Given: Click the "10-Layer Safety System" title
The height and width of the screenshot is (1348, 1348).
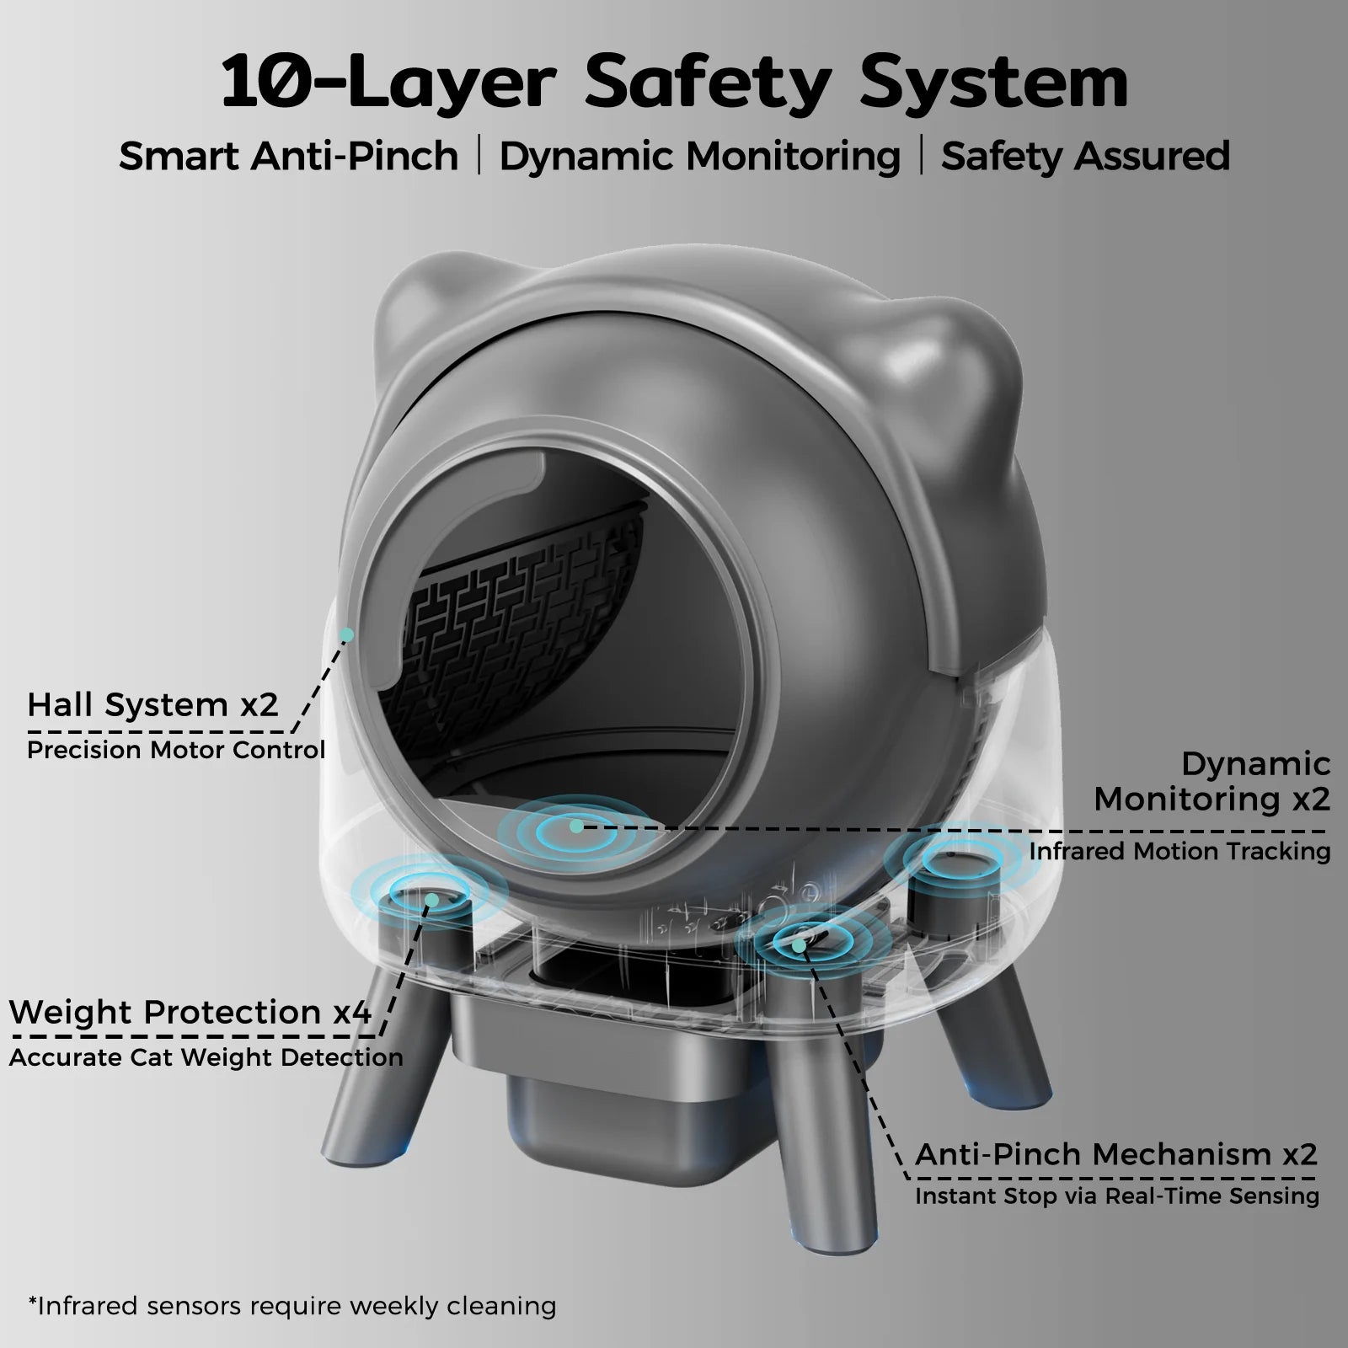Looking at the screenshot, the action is coord(674,82).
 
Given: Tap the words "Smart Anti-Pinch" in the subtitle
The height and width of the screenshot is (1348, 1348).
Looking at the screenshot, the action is coord(288,157).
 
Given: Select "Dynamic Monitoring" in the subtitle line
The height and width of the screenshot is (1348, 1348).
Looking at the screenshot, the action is coord(699,157).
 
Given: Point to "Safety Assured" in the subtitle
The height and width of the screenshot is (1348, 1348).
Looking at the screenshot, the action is coord(1085,157).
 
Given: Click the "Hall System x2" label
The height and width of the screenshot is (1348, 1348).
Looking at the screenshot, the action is coord(152,704).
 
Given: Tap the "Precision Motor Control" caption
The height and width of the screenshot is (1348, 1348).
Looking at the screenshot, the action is coord(176,750).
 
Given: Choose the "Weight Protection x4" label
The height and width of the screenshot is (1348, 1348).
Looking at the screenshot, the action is coord(190,1012).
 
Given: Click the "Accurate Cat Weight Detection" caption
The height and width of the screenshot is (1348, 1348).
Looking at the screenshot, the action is coord(206,1057).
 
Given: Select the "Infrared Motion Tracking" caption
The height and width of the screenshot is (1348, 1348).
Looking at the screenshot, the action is coord(1179,851).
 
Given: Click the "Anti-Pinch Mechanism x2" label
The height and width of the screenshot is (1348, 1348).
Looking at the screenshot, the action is coord(1116,1154).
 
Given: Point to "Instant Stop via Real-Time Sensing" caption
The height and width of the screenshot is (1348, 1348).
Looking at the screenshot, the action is coord(1117,1196).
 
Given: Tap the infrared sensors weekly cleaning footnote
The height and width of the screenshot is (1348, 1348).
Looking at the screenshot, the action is coord(292,1307).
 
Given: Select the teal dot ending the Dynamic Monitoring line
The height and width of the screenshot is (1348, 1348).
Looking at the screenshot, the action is coord(575,826).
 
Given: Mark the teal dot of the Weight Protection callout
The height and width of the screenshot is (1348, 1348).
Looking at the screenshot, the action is coord(431,900).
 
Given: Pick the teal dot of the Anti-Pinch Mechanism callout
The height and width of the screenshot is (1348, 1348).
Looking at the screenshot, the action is coord(798,946).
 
